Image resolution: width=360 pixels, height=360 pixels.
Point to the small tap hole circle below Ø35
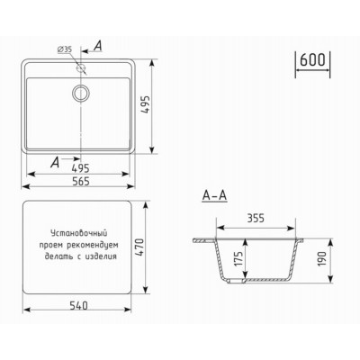pyautogui.click(x=81, y=68)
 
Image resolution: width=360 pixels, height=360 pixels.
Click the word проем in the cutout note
pyautogui.click(x=50, y=245)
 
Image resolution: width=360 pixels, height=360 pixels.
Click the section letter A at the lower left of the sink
pyautogui.click(x=57, y=162)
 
